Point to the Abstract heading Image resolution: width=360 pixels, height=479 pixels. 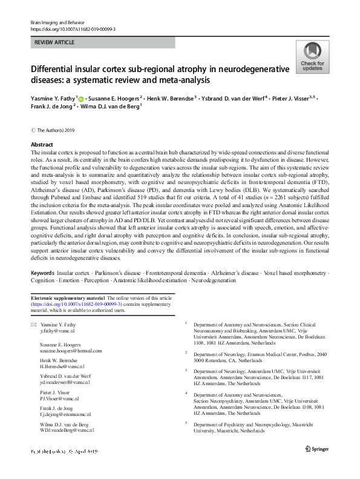(42, 145)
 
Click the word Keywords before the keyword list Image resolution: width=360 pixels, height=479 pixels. (42, 274)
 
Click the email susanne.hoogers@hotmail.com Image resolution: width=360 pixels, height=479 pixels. (67, 351)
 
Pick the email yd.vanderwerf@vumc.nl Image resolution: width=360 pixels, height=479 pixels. (64, 383)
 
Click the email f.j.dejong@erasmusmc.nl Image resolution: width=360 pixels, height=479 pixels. (65, 415)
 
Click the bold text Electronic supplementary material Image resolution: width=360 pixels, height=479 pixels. (68, 298)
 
